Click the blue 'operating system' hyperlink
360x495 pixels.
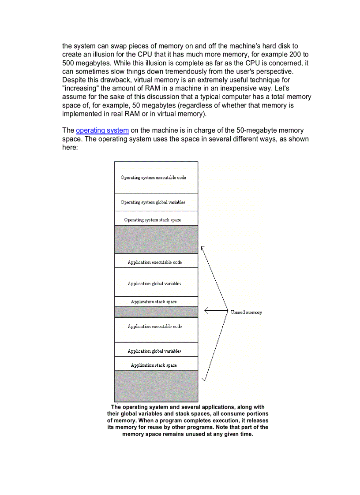tap(102, 130)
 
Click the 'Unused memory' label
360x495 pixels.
tap(246, 312)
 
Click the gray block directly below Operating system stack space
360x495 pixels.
tap(156, 239)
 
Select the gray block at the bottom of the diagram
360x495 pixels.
tap(156, 386)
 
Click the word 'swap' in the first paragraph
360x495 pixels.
tap(120, 46)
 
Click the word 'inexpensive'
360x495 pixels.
tap(243, 88)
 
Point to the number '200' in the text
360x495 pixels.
tap(294, 54)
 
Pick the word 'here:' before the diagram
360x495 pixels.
tap(70, 147)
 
